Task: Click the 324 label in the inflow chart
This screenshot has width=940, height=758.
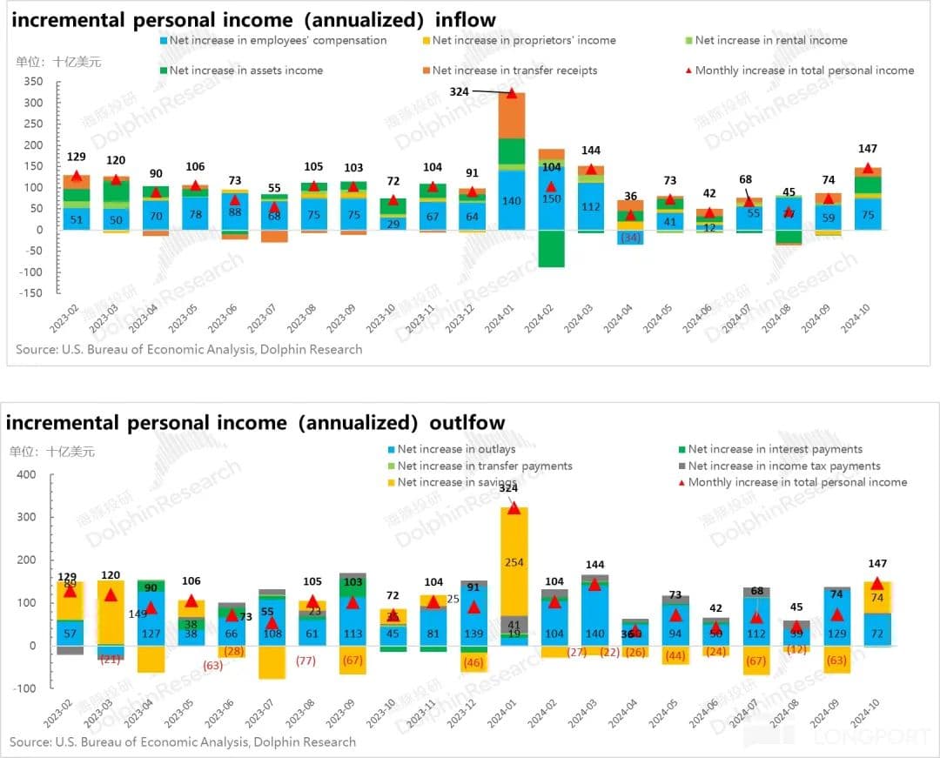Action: pyautogui.click(x=459, y=91)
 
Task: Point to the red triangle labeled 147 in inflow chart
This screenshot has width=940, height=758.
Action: pyautogui.click(x=868, y=168)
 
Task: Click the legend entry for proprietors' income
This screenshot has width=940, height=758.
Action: pyautogui.click(x=523, y=40)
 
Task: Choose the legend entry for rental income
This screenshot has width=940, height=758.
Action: pyautogui.click(x=770, y=40)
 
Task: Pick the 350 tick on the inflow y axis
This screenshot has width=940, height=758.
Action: pyautogui.click(x=33, y=82)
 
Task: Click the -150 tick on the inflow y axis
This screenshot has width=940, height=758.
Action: pyautogui.click(x=30, y=293)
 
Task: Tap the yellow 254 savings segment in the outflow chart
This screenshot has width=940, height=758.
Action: pyautogui.click(x=514, y=562)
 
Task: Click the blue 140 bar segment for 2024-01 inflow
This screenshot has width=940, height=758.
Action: pyautogui.click(x=512, y=200)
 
